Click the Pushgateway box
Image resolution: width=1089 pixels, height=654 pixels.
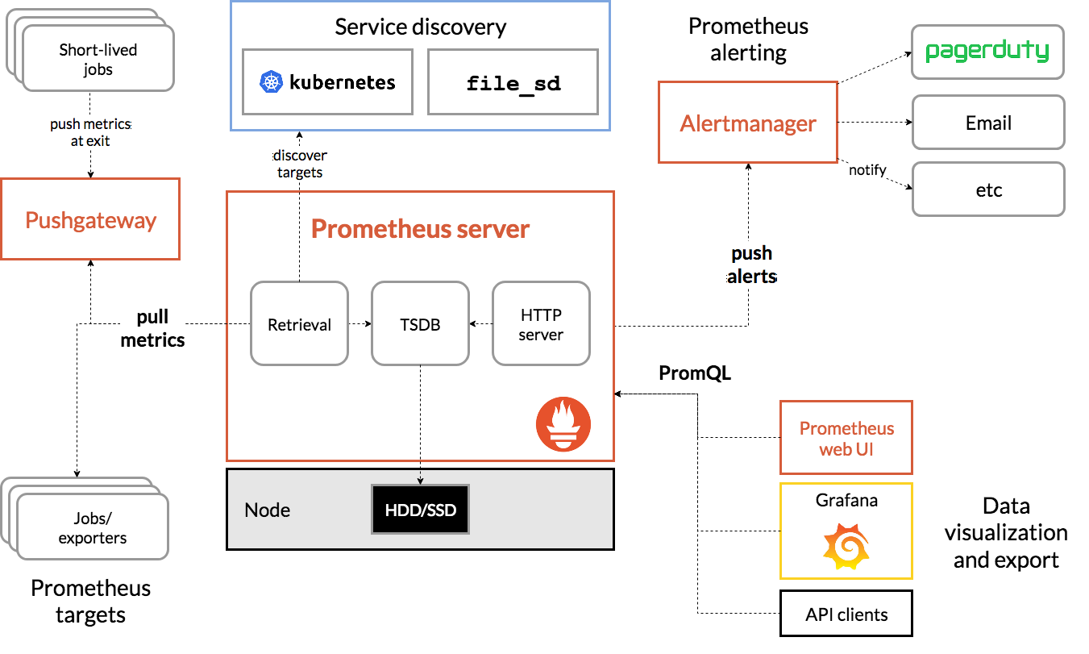click(90, 219)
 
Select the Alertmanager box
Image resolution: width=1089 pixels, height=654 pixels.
click(748, 122)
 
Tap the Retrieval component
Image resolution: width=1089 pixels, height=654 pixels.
click(300, 323)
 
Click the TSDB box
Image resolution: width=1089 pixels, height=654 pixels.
click(420, 323)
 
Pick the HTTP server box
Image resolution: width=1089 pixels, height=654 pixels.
click(541, 323)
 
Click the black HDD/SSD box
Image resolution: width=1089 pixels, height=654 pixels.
click(420, 509)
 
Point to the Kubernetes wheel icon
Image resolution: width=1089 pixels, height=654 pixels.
click(271, 81)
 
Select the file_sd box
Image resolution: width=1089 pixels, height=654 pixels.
click(513, 81)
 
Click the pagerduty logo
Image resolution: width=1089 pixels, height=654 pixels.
click(987, 51)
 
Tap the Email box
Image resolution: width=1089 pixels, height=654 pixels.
click(988, 123)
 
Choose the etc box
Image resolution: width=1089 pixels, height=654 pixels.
click(988, 190)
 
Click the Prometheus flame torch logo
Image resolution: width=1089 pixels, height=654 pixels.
click(563, 424)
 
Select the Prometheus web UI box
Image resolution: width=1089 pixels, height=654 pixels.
click(846, 438)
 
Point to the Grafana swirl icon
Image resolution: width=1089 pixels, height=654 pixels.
click(846, 546)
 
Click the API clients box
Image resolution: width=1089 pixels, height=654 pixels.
click(846, 614)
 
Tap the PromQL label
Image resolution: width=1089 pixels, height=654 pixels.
click(695, 373)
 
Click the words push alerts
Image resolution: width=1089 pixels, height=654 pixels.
click(751, 265)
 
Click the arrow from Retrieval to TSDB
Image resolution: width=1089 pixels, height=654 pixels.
click(360, 323)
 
